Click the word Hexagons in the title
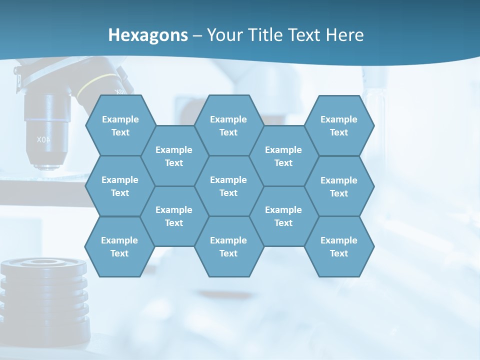[148, 35]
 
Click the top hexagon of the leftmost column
[120, 125]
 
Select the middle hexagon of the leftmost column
[120, 186]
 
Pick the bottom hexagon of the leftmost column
[119, 246]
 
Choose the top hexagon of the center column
[228, 125]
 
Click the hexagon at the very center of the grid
[228, 186]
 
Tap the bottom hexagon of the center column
[228, 246]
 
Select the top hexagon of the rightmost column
[339, 125]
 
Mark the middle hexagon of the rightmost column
[339, 186]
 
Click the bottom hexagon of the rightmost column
[339, 246]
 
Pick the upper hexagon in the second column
[174, 156]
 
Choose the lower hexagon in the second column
[174, 216]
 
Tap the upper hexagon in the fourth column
[283, 156]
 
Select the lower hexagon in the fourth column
[283, 216]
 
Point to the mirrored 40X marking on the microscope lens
[43, 140]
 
